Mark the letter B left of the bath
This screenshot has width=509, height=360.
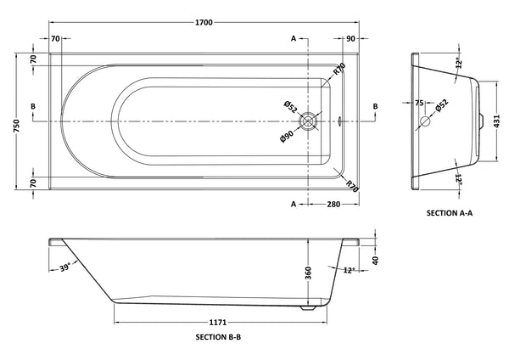[32, 105]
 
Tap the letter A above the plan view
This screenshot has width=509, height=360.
[294, 39]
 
